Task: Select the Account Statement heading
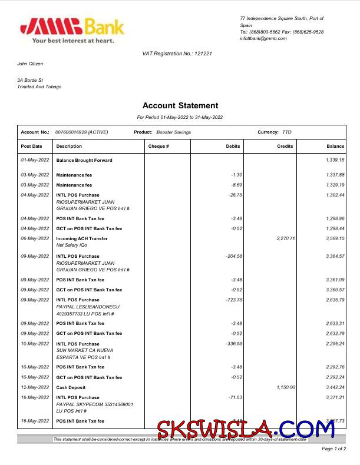(180, 106)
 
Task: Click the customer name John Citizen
(30, 64)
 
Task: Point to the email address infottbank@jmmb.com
(263, 38)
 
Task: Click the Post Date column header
(32, 146)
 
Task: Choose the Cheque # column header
(158, 146)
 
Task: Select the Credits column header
(285, 146)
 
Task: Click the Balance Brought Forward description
(84, 160)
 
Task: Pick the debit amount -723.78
(231, 300)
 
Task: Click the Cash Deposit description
(71, 387)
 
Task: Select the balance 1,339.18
(335, 160)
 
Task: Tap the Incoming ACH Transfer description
(82, 238)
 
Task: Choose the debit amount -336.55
(231, 344)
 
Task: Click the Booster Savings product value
(174, 132)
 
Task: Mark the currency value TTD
(287, 132)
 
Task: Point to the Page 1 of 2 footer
(333, 449)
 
